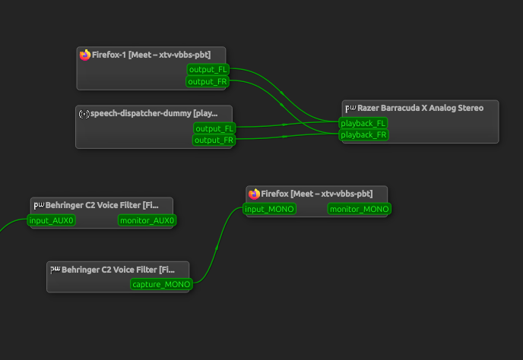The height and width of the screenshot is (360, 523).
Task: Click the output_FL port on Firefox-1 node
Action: (x=208, y=69)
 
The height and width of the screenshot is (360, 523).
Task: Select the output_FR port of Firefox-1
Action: (x=208, y=81)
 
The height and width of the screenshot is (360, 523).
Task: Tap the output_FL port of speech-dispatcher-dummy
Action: (x=214, y=128)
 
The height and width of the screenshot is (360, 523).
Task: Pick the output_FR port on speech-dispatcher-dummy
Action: (x=214, y=140)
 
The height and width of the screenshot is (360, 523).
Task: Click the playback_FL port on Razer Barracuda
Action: (x=363, y=123)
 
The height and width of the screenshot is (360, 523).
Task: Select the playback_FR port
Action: (x=363, y=134)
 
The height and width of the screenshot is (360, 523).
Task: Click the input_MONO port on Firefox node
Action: (x=269, y=209)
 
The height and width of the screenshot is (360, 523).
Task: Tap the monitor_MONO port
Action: (x=360, y=209)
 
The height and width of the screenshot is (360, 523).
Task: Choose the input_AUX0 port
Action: (x=52, y=220)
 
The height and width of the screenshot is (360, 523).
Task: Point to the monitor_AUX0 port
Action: (x=147, y=220)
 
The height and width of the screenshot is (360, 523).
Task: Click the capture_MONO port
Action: (x=161, y=284)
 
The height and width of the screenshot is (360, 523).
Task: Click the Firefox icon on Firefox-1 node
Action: (x=85, y=55)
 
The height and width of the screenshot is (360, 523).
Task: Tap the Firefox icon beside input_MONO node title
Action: (x=254, y=194)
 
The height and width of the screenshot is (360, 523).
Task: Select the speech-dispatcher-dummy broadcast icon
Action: (x=84, y=114)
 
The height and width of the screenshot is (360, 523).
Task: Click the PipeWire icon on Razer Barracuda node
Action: (x=350, y=108)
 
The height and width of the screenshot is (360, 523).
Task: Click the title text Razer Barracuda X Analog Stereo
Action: (x=420, y=108)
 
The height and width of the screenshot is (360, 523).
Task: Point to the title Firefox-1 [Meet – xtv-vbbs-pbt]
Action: (x=151, y=55)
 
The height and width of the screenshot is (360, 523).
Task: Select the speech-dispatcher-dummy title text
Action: (x=154, y=113)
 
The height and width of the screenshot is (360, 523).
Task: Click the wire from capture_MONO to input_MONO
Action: (x=217, y=247)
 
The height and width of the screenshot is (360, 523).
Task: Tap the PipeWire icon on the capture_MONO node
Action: (x=55, y=270)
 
